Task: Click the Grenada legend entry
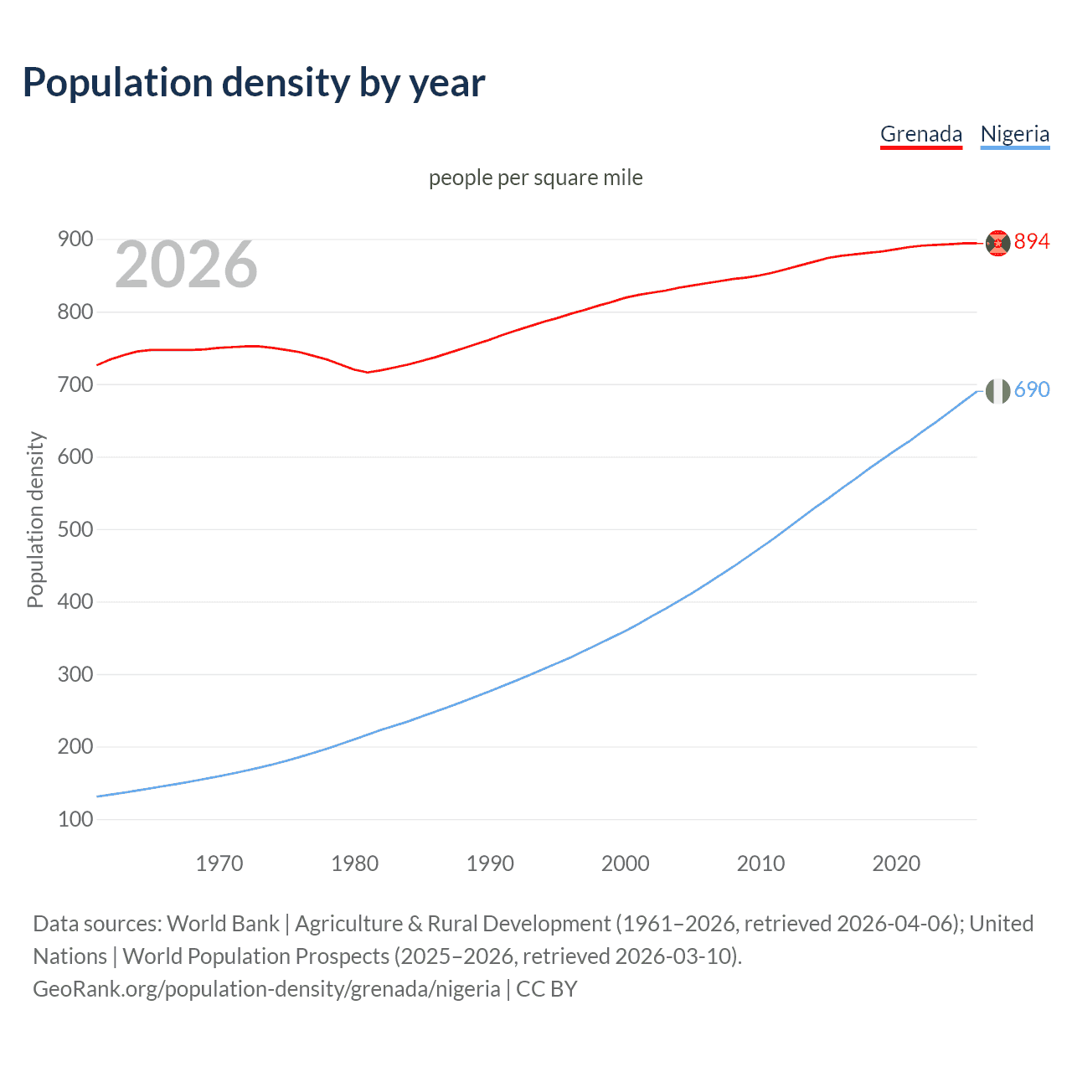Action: [920, 134]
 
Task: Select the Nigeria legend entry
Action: [1014, 134]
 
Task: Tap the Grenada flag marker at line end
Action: [997, 243]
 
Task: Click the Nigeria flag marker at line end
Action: [997, 390]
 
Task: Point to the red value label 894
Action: [1031, 242]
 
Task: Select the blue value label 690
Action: [1031, 390]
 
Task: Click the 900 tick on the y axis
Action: [75, 240]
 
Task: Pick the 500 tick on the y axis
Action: [75, 529]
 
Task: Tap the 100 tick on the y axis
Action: [75, 819]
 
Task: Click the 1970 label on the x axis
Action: [219, 863]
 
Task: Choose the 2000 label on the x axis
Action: [625, 863]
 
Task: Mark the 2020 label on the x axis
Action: [896, 863]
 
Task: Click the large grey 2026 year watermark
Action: [186, 265]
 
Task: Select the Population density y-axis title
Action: [35, 519]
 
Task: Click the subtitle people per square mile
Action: [536, 178]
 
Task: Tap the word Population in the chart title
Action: [117, 83]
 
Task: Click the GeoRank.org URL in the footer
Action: [266, 989]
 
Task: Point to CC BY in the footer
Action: [547, 989]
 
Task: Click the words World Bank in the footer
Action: [223, 924]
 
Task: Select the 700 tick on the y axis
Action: [75, 384]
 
